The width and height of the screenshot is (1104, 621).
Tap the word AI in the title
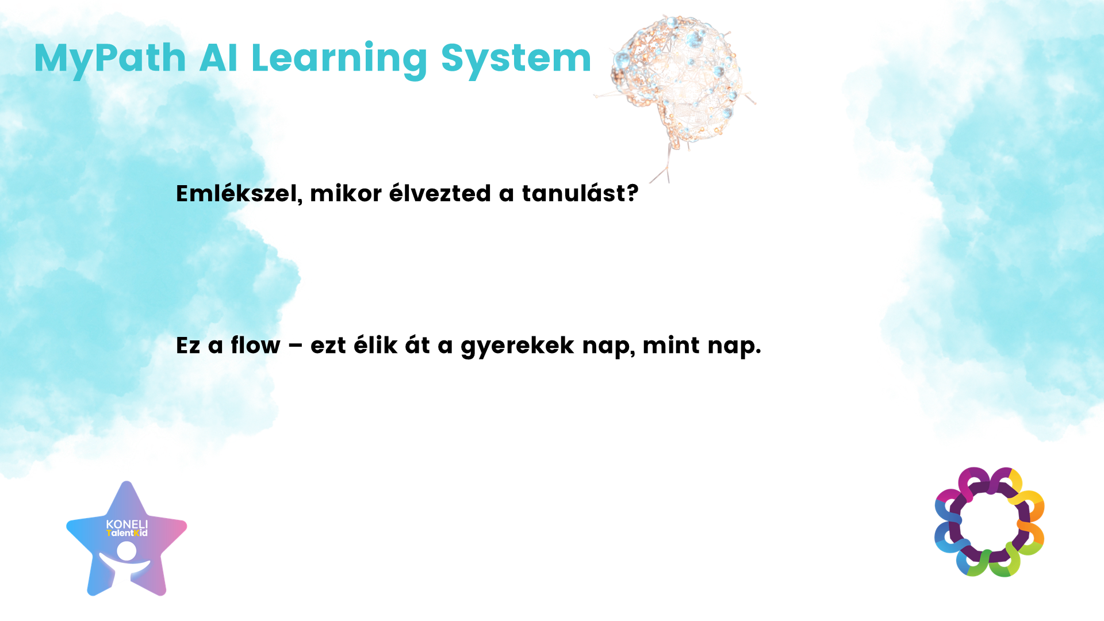click(218, 58)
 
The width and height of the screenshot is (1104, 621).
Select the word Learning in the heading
click(339, 60)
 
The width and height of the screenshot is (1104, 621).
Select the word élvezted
click(440, 193)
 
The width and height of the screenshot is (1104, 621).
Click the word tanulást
click(573, 193)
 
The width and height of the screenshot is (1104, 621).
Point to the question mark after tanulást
click(632, 194)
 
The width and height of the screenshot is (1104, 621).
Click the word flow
click(255, 345)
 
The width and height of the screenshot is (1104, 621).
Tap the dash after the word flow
click(295, 346)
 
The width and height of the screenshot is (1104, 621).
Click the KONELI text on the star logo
click(127, 524)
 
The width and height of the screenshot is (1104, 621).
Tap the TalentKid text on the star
click(127, 533)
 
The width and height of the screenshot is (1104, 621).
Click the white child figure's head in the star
click(126, 551)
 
